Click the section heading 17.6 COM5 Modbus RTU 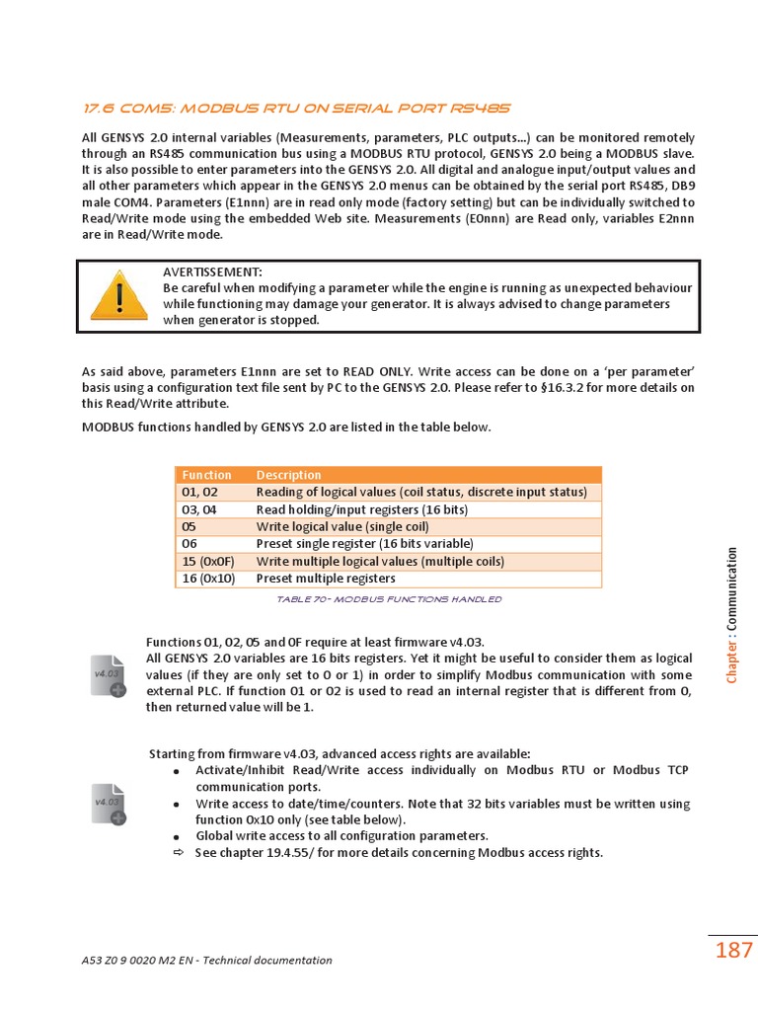pyautogui.click(x=296, y=108)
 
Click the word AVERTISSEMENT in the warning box pyautogui.click(x=212, y=272)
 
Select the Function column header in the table pyautogui.click(x=206, y=475)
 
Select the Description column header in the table pyautogui.click(x=288, y=475)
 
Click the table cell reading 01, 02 pyautogui.click(x=199, y=492)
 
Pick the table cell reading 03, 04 pyautogui.click(x=199, y=509)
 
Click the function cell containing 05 pyautogui.click(x=190, y=527)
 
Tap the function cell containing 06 pyautogui.click(x=190, y=544)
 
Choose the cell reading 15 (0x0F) pyautogui.click(x=208, y=562)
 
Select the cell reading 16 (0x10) pyautogui.click(x=208, y=579)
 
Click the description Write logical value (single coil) pyautogui.click(x=342, y=527)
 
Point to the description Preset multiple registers pyautogui.click(x=326, y=579)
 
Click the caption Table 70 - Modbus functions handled pyautogui.click(x=388, y=599)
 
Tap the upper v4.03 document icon pyautogui.click(x=109, y=676)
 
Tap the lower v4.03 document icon pyautogui.click(x=109, y=805)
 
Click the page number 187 pyautogui.click(x=733, y=951)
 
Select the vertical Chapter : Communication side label pyautogui.click(x=731, y=614)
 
